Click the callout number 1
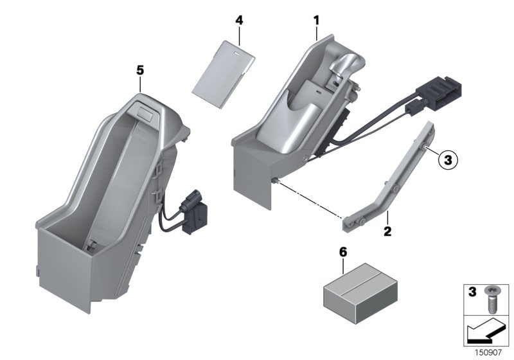tap(316, 21)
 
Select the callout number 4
tap(239, 20)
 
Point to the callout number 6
tap(343, 252)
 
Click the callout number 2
tap(387, 230)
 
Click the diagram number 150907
tap(490, 352)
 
